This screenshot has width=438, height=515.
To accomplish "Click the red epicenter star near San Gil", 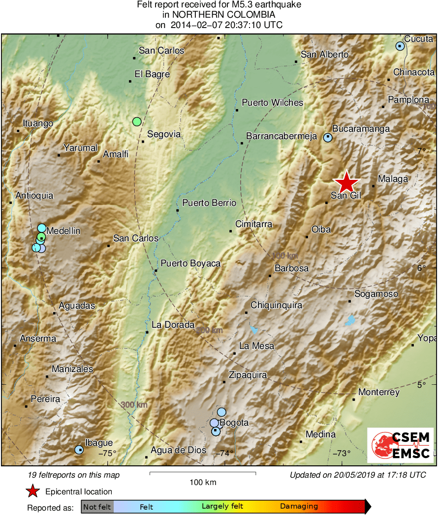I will [347, 182].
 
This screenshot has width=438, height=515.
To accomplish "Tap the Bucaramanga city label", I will [361, 129].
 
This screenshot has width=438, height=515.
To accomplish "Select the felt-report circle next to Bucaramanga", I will [328, 138].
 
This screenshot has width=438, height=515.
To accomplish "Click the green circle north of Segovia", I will [137, 121].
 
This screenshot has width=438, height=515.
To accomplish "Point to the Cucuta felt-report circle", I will [400, 46].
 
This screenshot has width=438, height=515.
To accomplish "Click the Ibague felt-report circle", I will [79, 449].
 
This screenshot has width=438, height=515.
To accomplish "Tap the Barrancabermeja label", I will [281, 136].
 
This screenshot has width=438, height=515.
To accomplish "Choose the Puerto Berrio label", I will [209, 202].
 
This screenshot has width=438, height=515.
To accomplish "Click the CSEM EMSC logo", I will [401, 445].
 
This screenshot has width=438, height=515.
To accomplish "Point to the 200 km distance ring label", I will [209, 331].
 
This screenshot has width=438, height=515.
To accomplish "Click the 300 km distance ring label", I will [134, 404].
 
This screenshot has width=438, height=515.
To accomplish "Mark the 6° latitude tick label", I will [421, 268].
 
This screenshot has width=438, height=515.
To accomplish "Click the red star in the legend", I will [32, 491].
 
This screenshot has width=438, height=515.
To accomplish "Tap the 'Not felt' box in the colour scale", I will [97, 506].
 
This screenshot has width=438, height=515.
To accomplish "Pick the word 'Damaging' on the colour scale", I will [299, 506].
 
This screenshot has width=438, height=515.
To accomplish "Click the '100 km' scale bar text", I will [203, 482].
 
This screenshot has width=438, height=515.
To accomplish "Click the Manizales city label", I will [72, 369].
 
